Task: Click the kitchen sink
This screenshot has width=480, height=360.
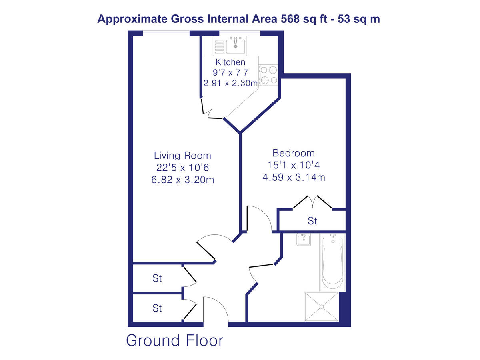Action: pyautogui.click(x=236, y=46)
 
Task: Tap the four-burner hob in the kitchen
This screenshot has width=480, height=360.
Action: pyautogui.click(x=269, y=75)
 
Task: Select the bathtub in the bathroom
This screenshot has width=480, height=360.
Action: pyautogui.click(x=332, y=262)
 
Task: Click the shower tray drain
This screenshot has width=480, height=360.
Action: pyautogui.click(x=322, y=307)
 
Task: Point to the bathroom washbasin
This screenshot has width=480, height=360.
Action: pyautogui.click(x=304, y=240)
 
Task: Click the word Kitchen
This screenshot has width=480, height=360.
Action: pyautogui.click(x=230, y=62)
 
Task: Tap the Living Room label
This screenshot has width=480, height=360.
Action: pyautogui.click(x=182, y=156)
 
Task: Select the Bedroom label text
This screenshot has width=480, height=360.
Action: pyautogui.click(x=293, y=153)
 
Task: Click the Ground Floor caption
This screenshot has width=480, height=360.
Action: pyautogui.click(x=174, y=341)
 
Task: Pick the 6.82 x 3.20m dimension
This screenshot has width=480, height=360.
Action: pyautogui.click(x=182, y=180)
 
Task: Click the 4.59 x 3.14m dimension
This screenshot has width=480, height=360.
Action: pyautogui.click(x=293, y=177)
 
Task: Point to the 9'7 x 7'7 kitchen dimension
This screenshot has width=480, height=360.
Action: pyautogui.click(x=230, y=73)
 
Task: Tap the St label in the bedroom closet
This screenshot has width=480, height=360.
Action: pyautogui.click(x=312, y=221)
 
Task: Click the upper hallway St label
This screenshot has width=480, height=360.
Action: pyautogui.click(x=157, y=278)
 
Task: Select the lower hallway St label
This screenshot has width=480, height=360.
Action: pyautogui.click(x=157, y=308)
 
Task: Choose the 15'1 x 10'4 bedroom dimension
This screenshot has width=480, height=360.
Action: pyautogui.click(x=293, y=165)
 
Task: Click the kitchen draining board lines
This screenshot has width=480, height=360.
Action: pyautogui.click(x=219, y=47)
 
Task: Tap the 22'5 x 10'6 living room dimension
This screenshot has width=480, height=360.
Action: pyautogui.click(x=182, y=168)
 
